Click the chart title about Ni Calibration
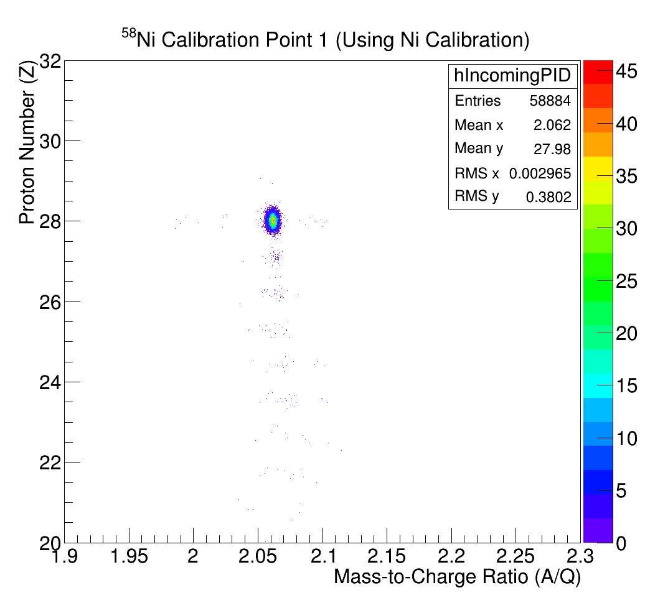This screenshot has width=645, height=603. click(325, 40)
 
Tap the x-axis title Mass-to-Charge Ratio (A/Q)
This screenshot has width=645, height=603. click(457, 576)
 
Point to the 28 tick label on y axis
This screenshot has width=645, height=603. click(49, 221)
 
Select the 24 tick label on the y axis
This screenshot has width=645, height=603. click(49, 382)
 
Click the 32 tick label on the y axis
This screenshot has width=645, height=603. click(49, 61)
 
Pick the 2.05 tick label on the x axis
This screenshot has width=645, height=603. click(258, 555)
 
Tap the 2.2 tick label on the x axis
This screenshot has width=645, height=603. click(451, 555)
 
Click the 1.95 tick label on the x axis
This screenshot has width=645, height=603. click(129, 555)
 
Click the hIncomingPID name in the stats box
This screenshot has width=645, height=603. click(512, 76)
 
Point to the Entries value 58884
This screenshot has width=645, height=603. click(550, 101)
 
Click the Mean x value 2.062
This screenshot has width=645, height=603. click(552, 125)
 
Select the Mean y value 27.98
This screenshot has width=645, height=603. click(552, 149)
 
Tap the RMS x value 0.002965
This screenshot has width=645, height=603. click(540, 173)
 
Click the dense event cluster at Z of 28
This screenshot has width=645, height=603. click(273, 221)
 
